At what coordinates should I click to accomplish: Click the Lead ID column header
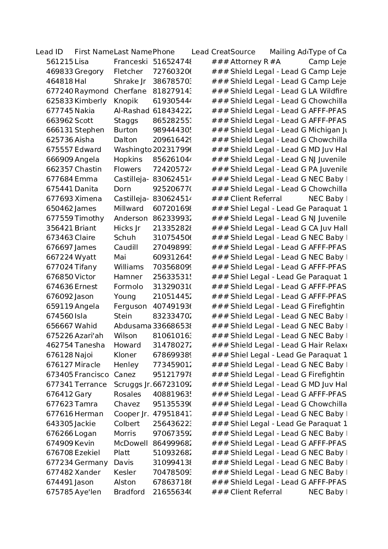(x=50, y=52)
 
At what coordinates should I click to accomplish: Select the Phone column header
(x=164, y=52)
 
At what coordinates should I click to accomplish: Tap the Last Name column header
(x=133, y=52)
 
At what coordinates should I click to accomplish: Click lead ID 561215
(x=60, y=62)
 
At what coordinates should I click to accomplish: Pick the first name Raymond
(x=91, y=91)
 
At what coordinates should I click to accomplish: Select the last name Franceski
(x=131, y=62)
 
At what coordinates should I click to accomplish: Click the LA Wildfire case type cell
(x=327, y=91)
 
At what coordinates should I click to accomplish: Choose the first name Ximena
(x=88, y=199)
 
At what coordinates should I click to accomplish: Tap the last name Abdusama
(x=132, y=326)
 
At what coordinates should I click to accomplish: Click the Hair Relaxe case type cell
(x=327, y=345)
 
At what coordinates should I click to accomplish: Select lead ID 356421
(x=60, y=228)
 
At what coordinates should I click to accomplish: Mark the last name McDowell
(x=131, y=444)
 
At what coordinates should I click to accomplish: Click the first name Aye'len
(x=88, y=492)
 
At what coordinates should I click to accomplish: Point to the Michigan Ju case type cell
(x=327, y=130)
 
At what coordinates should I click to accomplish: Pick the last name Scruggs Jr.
(x=132, y=385)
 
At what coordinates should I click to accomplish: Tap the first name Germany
(x=91, y=463)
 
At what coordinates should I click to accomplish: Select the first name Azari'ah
(x=89, y=336)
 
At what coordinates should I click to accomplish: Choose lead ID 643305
(x=60, y=424)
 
